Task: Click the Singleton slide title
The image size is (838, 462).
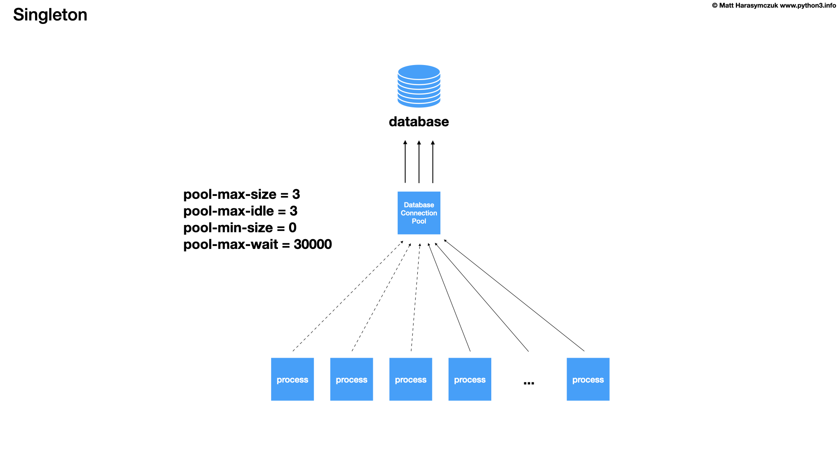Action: [x=50, y=15]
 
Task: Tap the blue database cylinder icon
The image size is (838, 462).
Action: [x=419, y=86]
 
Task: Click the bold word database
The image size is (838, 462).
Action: [x=419, y=122]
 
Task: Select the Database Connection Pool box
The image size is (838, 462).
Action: [x=419, y=213]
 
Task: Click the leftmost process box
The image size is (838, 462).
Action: [x=292, y=379]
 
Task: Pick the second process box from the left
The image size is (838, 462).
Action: [x=351, y=379]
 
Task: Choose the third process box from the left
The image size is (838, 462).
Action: [x=410, y=379]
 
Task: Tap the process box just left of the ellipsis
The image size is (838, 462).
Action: [x=469, y=379]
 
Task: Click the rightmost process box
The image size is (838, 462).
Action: [x=588, y=379]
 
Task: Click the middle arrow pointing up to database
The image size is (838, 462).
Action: [x=419, y=163]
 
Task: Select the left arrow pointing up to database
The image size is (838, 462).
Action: [x=405, y=163]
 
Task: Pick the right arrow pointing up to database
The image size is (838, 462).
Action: [x=433, y=163]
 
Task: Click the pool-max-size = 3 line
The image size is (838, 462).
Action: [x=242, y=195]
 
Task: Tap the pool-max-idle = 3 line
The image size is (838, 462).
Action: [x=240, y=211]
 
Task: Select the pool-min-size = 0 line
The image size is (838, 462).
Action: [x=240, y=228]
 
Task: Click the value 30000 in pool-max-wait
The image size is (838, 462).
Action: [x=313, y=245]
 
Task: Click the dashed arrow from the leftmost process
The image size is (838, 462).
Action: [x=347, y=296]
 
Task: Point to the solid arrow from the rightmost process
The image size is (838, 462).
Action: [x=514, y=296]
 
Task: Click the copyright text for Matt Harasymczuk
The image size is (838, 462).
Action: [x=773, y=6]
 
